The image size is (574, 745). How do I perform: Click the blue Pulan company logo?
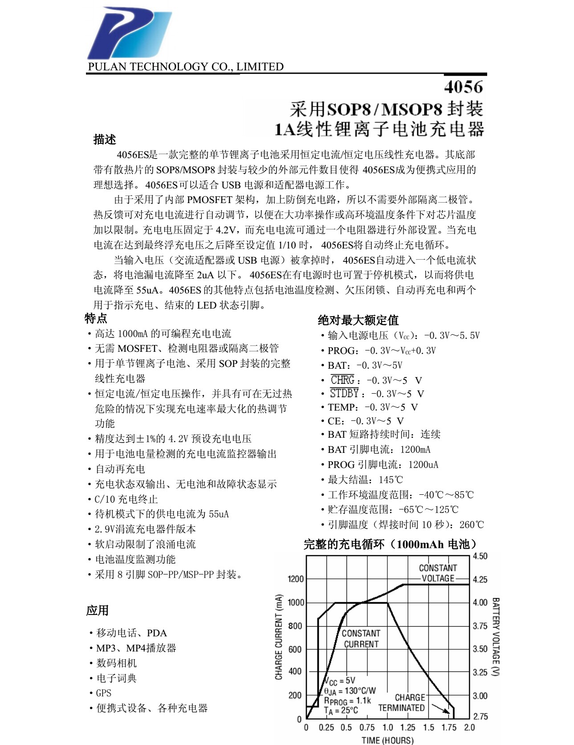click(x=129, y=34)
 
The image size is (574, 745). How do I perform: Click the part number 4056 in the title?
click(x=464, y=86)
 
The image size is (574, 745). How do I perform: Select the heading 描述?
click(x=105, y=139)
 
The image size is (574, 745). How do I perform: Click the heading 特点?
click(x=96, y=318)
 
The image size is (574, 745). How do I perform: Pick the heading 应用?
click(x=97, y=610)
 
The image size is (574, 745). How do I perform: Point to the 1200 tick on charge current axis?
click(x=295, y=579)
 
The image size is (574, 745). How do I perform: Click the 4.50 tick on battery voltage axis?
click(x=480, y=556)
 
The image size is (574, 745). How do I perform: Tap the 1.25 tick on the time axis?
click(x=407, y=727)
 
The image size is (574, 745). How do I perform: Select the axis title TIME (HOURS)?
click(x=387, y=740)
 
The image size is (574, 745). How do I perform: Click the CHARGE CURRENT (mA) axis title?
click(x=279, y=637)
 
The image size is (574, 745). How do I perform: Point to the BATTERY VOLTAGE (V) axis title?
click(x=495, y=636)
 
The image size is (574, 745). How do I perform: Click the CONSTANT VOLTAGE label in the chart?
click(x=438, y=573)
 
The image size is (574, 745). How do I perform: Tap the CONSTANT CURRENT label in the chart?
click(x=361, y=639)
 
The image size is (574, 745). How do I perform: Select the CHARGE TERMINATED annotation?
click(x=401, y=703)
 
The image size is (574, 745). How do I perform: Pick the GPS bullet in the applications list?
click(x=104, y=693)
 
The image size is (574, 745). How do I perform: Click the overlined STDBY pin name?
click(x=344, y=394)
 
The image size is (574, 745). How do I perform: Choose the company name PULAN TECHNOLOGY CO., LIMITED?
click(x=186, y=67)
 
